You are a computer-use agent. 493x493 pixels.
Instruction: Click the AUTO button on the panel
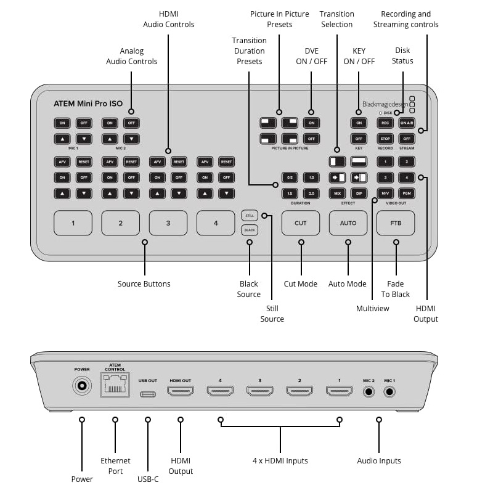[x=348, y=223]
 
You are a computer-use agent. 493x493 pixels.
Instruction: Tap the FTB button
[x=396, y=223]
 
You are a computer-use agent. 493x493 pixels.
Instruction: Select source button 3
[x=168, y=223]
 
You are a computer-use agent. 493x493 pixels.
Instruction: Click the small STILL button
[x=249, y=216]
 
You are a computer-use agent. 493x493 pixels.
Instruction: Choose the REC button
[x=385, y=123]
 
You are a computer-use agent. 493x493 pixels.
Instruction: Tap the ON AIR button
[x=406, y=123]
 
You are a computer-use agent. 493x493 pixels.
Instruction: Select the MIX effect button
[x=337, y=194]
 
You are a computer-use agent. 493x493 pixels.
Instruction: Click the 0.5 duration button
[x=290, y=177]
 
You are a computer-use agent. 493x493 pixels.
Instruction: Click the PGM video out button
[x=406, y=194]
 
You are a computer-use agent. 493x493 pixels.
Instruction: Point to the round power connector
[x=81, y=386]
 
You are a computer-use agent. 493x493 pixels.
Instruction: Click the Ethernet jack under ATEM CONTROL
[x=115, y=386]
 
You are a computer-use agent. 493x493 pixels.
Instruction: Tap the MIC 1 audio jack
[x=389, y=390]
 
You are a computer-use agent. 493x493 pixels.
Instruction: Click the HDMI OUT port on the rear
[x=181, y=391]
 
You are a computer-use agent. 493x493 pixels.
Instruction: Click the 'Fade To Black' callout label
[x=395, y=289]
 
